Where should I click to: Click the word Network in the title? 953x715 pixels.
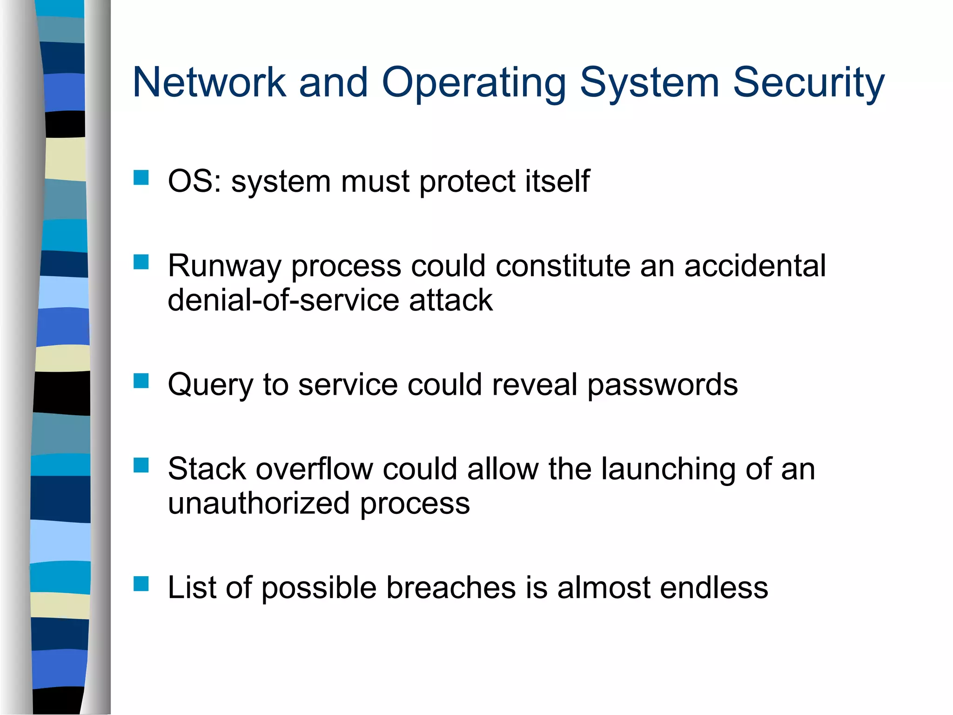(209, 82)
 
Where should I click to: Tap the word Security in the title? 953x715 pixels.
(808, 82)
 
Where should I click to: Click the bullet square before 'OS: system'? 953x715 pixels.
(141, 178)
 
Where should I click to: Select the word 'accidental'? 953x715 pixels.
(754, 266)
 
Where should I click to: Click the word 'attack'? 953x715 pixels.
(450, 300)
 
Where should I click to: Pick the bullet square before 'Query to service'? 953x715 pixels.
(141, 381)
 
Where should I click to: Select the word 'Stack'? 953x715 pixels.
(207, 469)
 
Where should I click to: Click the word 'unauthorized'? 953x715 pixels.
(258, 504)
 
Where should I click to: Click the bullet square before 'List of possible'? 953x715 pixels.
(141, 584)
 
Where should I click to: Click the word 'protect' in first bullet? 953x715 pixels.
(467, 182)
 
